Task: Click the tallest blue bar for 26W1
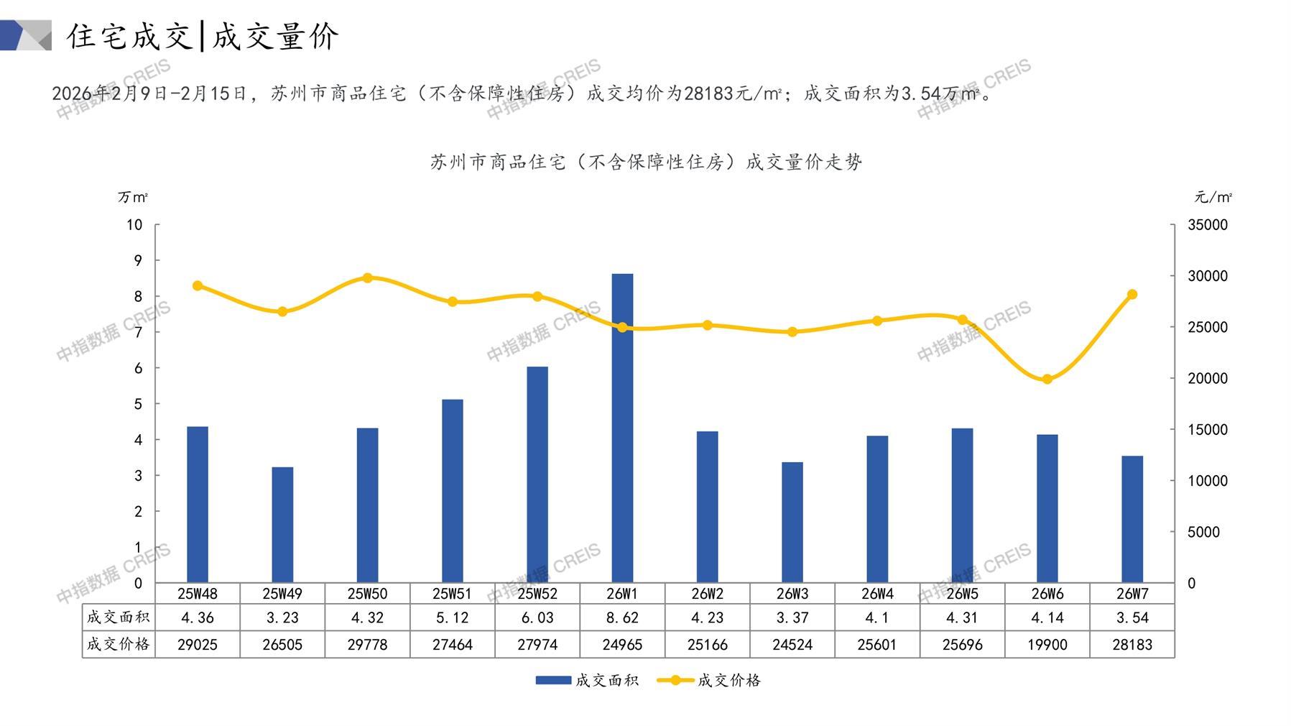tap(622, 428)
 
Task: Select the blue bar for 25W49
tap(282, 525)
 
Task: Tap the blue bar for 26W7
tap(1132, 519)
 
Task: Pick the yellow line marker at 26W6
tap(1047, 379)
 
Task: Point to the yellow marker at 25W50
tap(367, 277)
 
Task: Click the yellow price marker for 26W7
tap(1132, 295)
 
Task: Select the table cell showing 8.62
tap(622, 617)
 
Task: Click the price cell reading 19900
tap(1047, 645)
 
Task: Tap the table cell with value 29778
tap(367, 645)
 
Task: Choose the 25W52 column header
tap(537, 594)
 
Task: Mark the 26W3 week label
tap(792, 594)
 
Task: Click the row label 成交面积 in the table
tap(118, 617)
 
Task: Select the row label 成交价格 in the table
tap(118, 645)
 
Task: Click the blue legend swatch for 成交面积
tap(553, 680)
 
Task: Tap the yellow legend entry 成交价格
tap(728, 680)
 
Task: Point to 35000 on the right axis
tap(1208, 225)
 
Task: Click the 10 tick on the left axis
tap(134, 225)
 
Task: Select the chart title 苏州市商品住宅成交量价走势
tap(646, 162)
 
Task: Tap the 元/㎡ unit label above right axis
tap(1213, 197)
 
